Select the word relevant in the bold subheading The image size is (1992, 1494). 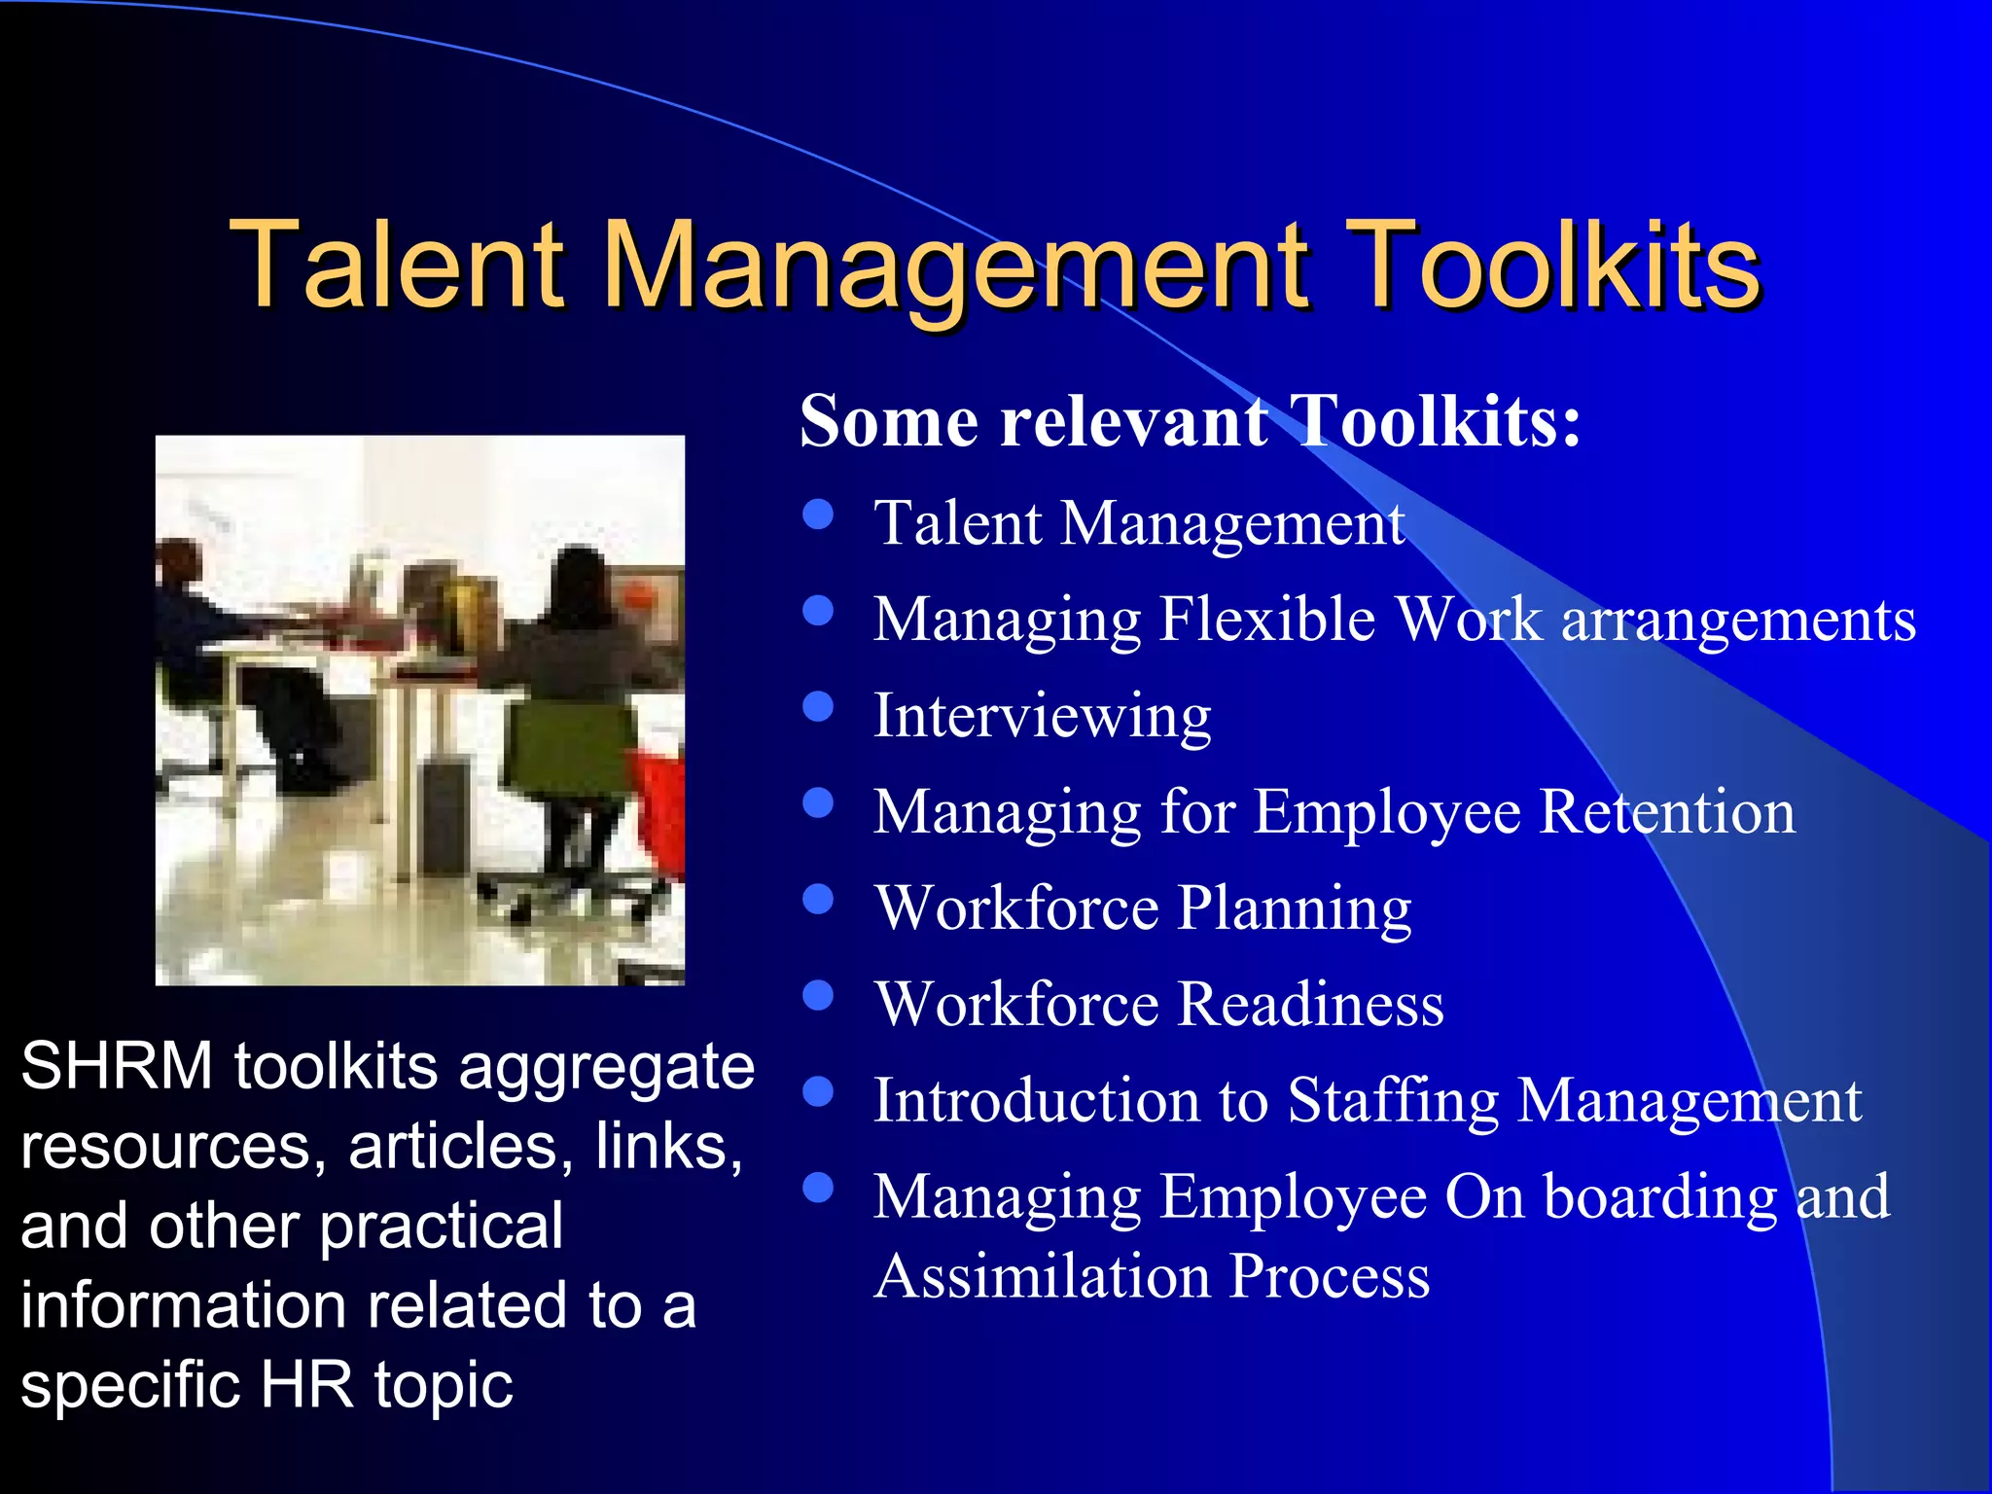pyautogui.click(x=1134, y=422)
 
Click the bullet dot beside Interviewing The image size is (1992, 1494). pyautogui.click(x=819, y=707)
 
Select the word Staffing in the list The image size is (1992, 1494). pyautogui.click(x=1393, y=1102)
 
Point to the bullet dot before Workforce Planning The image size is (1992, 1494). pyautogui.click(x=819, y=899)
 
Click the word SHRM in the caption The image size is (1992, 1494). pyautogui.click(x=117, y=1067)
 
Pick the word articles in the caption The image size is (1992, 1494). pyautogui.click(x=457, y=1147)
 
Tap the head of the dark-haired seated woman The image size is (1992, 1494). pyautogui.click(x=581, y=579)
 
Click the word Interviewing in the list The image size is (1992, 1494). pyautogui.click(x=1042, y=718)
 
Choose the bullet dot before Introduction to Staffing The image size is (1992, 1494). pyautogui.click(x=819, y=1091)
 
